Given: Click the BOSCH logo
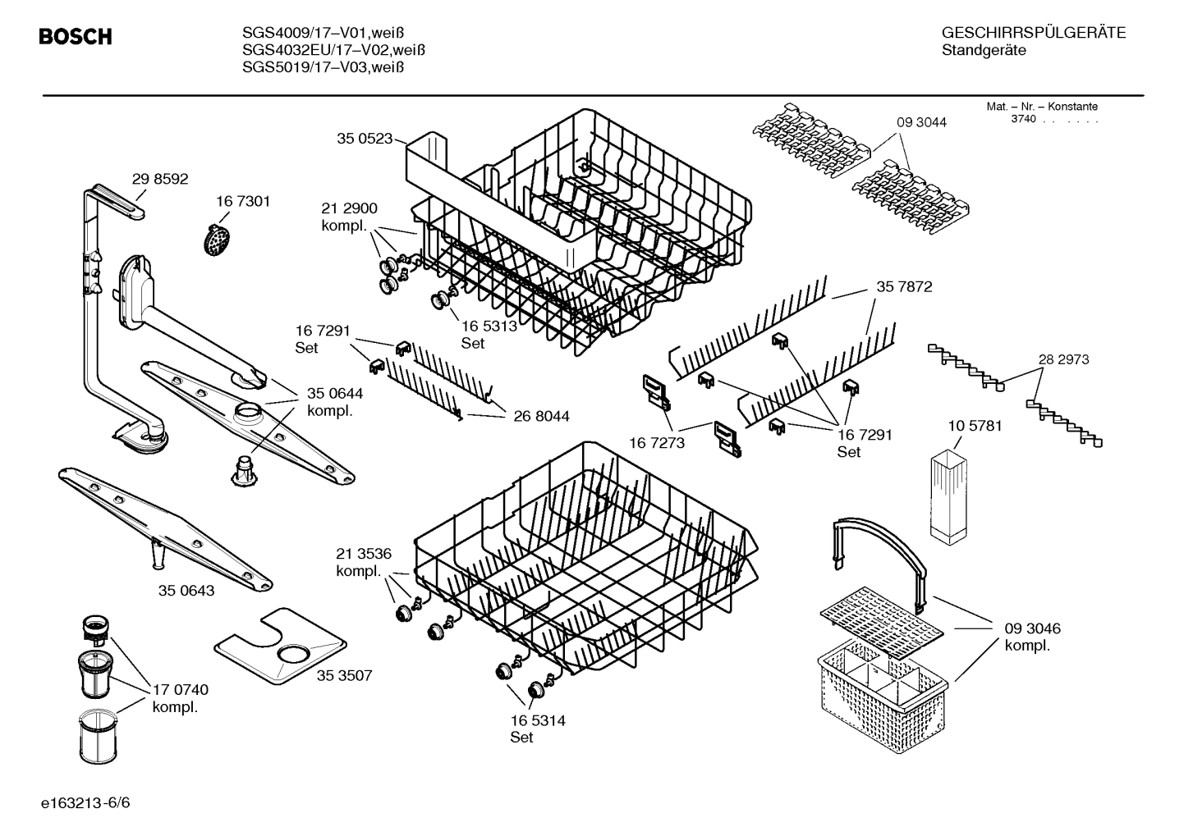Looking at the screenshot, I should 75,37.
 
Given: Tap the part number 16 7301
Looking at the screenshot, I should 243,202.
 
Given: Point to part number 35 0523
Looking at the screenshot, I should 365,139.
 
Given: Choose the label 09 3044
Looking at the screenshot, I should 921,122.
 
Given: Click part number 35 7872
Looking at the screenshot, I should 904,287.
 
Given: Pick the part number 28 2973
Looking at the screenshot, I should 1063,359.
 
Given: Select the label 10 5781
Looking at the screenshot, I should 974,427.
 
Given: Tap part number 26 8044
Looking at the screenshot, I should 541,417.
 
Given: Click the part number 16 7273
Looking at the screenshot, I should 656,443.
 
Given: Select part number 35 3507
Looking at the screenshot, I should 345,676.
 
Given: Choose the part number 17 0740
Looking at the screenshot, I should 181,690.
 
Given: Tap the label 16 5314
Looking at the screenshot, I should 538,721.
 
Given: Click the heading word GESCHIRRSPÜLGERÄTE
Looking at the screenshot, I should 1033,34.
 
